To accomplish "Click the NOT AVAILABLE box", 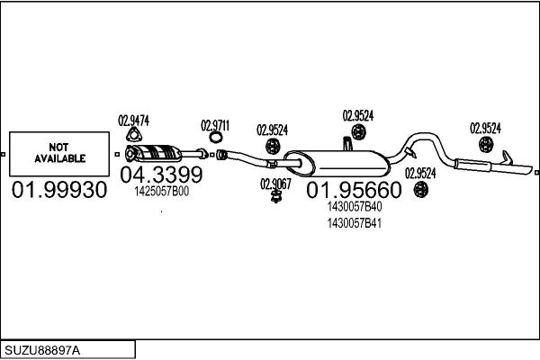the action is coord(59,154).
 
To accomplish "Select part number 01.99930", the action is coord(59,190).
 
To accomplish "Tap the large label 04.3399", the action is coord(161,175).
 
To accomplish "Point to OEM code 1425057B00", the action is coord(161,192).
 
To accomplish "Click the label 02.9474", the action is coord(133,121).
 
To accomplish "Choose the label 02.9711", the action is coord(215,126).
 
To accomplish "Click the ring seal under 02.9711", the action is coord(216,138).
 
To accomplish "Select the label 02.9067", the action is coord(275,184).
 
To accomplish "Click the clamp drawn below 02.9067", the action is coord(275,197).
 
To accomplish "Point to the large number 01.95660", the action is coord(354,190).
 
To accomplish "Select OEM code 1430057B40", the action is coord(355,207).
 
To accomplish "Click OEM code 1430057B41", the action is coord(355,223).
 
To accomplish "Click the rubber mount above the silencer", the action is coord(358,132).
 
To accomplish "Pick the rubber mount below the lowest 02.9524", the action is coord(421,190).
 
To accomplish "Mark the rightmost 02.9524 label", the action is coord(486,128).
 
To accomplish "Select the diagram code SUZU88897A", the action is coord(42,351).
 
